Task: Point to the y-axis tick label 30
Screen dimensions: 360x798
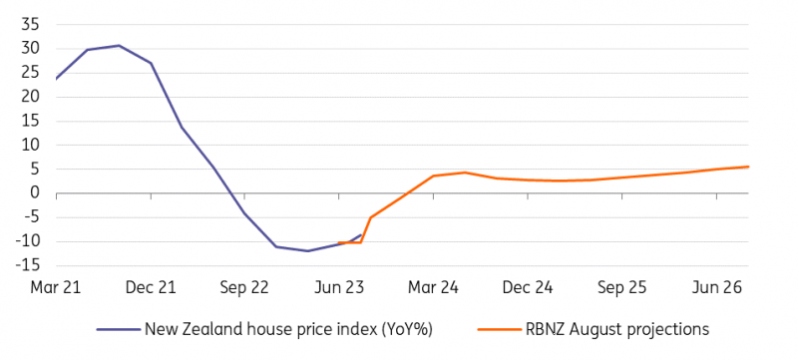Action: [x=30, y=48]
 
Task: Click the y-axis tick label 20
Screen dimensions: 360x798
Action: [x=30, y=97]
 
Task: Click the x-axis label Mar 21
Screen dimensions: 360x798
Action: [x=55, y=287]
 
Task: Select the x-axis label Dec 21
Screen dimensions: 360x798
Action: [x=152, y=287]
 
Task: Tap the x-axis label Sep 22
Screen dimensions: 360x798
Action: [x=245, y=287]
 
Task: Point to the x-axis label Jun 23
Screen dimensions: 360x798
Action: [x=339, y=287]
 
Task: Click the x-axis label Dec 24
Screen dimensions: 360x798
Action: [x=529, y=287]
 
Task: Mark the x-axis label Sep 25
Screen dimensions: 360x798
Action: [x=622, y=287]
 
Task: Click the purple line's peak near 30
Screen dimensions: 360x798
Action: [x=119, y=45]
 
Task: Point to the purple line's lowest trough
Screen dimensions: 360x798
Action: [x=307, y=251]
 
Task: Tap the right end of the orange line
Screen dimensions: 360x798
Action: [x=749, y=167]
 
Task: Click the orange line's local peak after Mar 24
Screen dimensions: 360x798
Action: [x=465, y=173]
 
